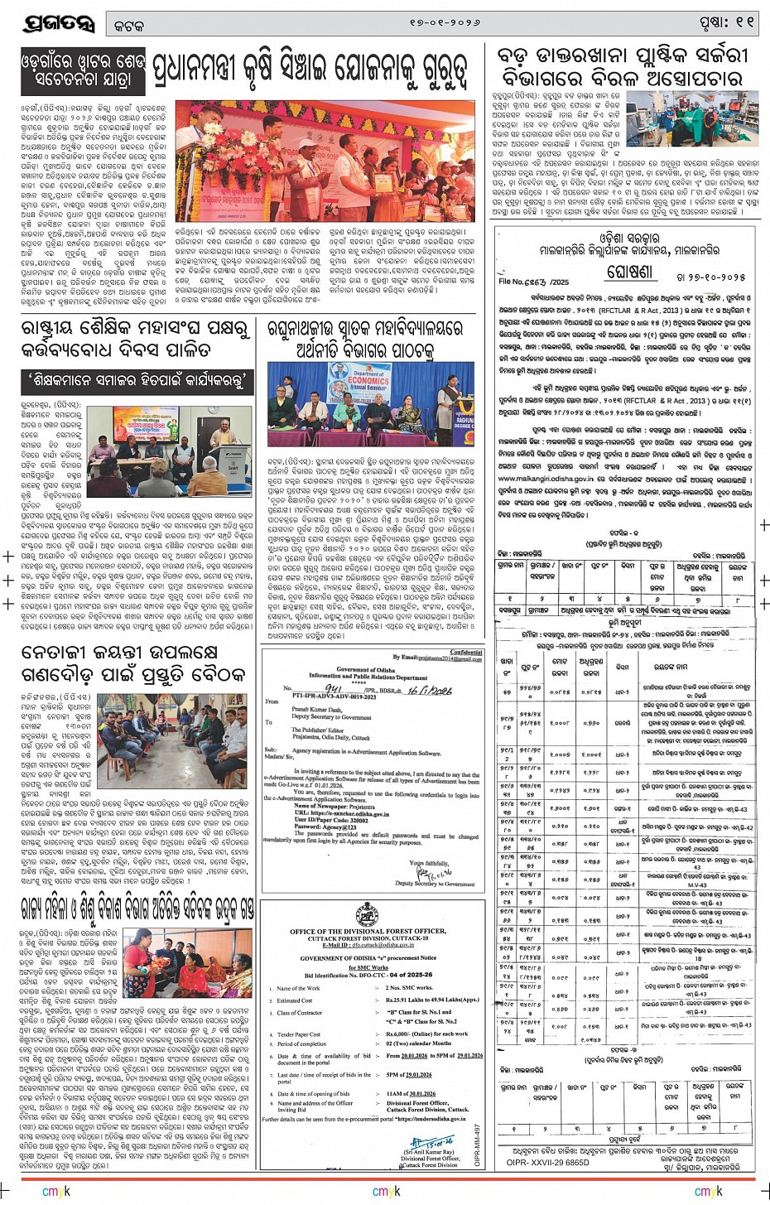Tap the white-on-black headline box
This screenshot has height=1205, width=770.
pos(84,71)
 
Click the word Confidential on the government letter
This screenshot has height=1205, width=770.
pos(465,653)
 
